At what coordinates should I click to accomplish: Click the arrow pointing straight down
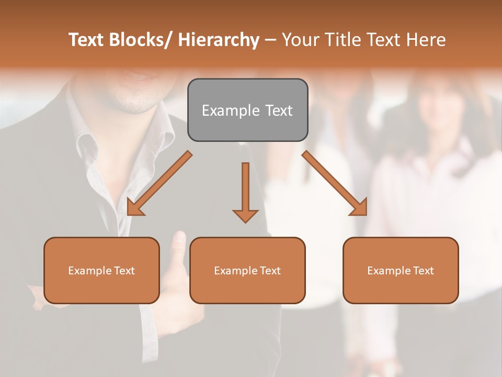click(x=245, y=194)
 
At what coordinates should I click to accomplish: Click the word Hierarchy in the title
click(x=219, y=40)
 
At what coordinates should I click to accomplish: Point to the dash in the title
click(x=270, y=40)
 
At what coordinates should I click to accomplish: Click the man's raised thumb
click(x=179, y=243)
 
